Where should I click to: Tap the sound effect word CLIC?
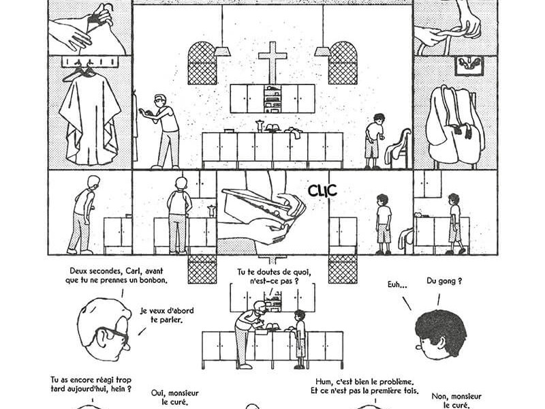[x=322, y=191]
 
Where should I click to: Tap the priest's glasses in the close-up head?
[x=113, y=335]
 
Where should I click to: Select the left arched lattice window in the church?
[x=202, y=63]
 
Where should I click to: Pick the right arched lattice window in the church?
[x=343, y=63]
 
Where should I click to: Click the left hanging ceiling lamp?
[x=223, y=50]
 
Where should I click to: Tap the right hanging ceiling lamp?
[x=322, y=50]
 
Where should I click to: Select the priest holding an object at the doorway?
[x=163, y=128]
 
